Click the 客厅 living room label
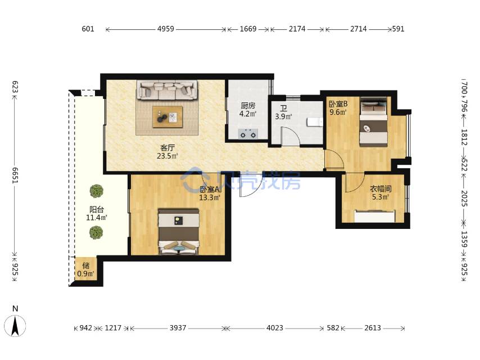pos(167,148)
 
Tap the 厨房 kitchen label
pos(248,106)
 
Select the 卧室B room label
pos(338,104)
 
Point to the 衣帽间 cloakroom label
pos(381,189)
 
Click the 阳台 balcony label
pos(97,210)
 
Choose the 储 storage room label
pos(85,265)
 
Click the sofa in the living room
pos(167,90)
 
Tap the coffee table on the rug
pos(167,117)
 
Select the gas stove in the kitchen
pos(248,134)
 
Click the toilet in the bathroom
pos(315,122)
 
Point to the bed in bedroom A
pos(179,232)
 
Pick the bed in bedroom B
pos(373,121)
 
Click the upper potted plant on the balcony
pos(97,191)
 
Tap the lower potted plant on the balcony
pos(97,232)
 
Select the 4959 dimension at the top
pos(166,29)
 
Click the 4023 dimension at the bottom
pos(275,328)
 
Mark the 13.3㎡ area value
pos(210,197)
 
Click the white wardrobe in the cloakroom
pos(375,216)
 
